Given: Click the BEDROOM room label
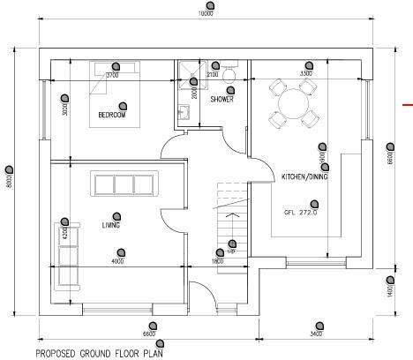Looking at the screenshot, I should click(112, 116).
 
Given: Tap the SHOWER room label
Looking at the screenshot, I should click(222, 99).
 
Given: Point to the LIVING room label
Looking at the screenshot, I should click(110, 225).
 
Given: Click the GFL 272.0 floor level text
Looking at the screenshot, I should click(300, 213).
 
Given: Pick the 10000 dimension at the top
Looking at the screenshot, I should click(206, 14).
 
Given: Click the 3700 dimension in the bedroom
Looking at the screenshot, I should click(112, 76).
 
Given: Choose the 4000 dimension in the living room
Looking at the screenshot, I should click(116, 261).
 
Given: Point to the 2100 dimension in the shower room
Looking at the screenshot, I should click(213, 76).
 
